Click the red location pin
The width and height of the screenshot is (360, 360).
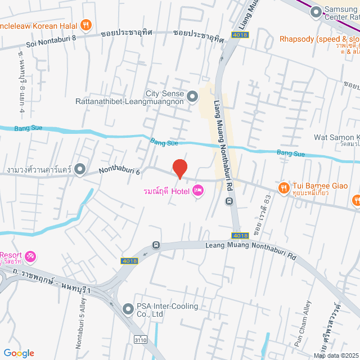click(179, 169)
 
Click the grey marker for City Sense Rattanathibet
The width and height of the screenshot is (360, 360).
click(192, 97)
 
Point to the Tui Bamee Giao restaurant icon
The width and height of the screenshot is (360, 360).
click(283, 186)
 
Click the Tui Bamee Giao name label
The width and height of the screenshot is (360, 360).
click(319, 186)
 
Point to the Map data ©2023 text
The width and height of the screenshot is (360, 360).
click(336, 355)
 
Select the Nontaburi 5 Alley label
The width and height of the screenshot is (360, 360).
click(78, 326)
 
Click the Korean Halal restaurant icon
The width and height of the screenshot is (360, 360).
click(85, 24)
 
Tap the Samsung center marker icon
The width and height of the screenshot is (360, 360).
click(316, 11)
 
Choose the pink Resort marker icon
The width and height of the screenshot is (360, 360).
click(30, 257)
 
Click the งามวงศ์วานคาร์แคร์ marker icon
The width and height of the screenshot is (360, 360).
click(80, 169)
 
